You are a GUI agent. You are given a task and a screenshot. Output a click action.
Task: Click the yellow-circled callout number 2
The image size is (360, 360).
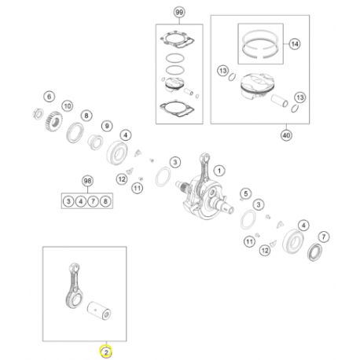(105, 352)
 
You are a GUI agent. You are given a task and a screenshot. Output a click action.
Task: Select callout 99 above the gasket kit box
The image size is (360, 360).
(179, 13)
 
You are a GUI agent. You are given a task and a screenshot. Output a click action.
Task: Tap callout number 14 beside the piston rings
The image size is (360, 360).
(295, 44)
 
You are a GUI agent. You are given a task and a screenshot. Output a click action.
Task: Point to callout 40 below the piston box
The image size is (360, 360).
(286, 135)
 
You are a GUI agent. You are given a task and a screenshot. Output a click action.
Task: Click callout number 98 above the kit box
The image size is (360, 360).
(87, 181)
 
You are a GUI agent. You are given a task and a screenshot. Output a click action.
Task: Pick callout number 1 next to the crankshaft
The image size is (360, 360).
(219, 171)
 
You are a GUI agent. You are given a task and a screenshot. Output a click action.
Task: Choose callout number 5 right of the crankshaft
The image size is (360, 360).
(246, 193)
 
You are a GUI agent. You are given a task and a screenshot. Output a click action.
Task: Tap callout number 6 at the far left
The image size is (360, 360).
(50, 97)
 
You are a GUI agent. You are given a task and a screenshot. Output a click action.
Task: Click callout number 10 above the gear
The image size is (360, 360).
(68, 106)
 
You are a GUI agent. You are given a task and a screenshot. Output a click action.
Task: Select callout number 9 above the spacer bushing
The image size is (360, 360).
(107, 126)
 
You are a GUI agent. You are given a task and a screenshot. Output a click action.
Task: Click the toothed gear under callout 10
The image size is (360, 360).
(54, 122)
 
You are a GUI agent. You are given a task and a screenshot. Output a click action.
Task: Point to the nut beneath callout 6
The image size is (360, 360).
(39, 114)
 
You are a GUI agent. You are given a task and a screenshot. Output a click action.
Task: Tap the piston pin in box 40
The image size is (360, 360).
(279, 101)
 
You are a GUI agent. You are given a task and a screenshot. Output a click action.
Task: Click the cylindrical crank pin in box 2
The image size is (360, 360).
(99, 310)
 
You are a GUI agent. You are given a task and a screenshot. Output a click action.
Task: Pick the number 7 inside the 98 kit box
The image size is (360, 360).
(93, 201)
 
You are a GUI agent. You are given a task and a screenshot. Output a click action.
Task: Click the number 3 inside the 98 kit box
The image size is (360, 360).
(68, 201)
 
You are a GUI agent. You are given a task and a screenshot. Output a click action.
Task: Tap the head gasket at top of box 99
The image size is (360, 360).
(178, 40)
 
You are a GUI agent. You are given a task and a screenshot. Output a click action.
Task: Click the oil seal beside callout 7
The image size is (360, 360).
(314, 252)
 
